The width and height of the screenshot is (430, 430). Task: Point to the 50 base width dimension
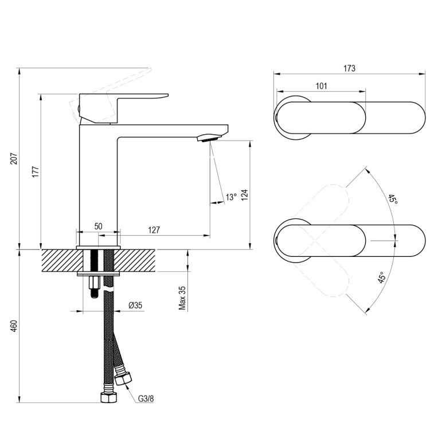pos(98,226)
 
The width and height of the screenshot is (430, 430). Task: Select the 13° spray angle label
pos(230,197)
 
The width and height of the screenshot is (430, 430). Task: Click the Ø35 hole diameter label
pos(135,306)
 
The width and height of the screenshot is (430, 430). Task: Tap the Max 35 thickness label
pos(182,298)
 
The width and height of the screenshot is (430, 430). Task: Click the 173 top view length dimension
pos(349,68)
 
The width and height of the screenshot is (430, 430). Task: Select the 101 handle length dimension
pos(321,86)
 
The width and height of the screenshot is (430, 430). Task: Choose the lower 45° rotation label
pos(381,279)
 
